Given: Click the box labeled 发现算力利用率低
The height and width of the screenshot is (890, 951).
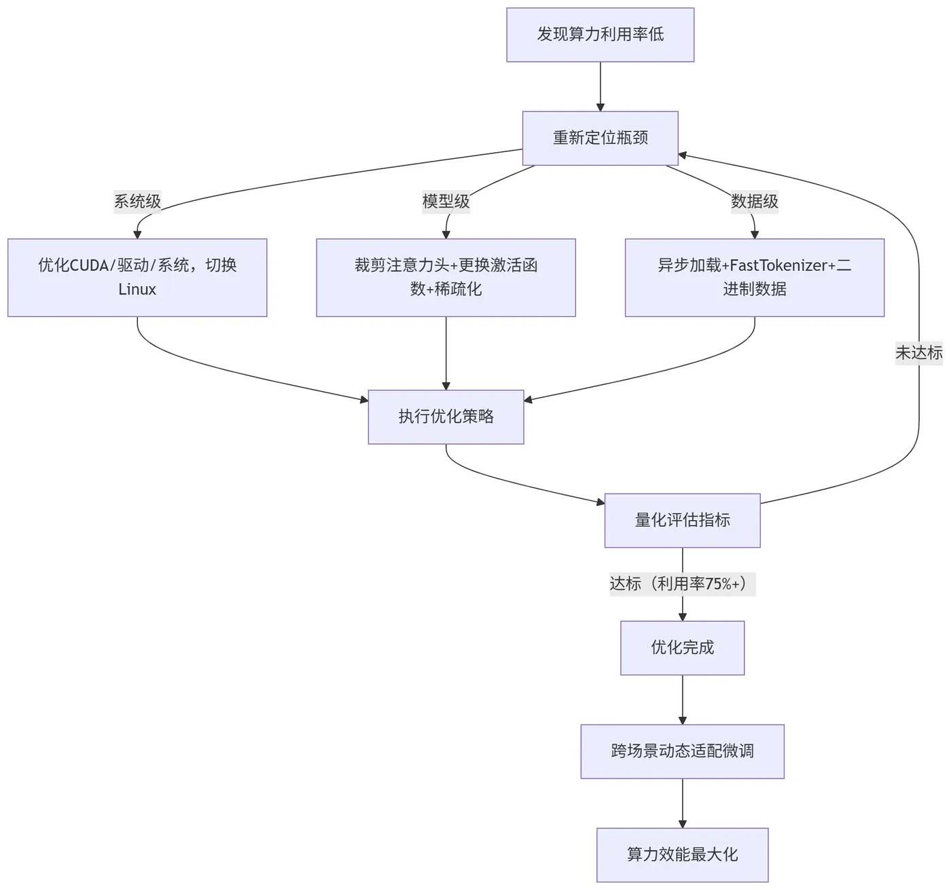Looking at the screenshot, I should coord(600,35).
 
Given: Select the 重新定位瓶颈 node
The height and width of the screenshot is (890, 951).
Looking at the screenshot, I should coord(600,138).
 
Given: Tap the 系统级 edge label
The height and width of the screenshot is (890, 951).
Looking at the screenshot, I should coord(137,202).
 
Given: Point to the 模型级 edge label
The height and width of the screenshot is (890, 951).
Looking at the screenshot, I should coord(446,202).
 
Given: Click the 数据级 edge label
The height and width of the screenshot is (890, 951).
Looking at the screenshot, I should coord(754,202).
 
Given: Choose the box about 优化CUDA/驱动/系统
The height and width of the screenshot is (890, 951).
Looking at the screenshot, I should coord(137,277).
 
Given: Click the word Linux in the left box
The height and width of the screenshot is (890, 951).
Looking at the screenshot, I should coord(137,289).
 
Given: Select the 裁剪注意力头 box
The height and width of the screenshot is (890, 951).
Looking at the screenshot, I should coord(446,277).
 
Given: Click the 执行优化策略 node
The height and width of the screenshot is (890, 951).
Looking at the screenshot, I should coord(446,417).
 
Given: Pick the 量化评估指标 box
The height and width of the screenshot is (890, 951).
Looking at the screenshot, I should coord(682,520).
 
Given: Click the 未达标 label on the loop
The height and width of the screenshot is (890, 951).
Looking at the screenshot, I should coord(918,353).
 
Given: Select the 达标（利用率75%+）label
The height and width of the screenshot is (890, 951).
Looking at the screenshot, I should coord(682,584).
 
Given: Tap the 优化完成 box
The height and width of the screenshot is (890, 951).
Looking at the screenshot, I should coord(682,648).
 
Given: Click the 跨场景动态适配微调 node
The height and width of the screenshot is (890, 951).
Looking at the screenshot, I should coord(682,751).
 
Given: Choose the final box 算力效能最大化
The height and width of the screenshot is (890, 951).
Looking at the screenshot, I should coord(682,855).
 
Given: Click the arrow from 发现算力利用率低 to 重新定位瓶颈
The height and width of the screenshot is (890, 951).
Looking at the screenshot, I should coord(600,87).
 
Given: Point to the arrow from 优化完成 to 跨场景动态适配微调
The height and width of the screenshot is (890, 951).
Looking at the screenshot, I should coord(682,699).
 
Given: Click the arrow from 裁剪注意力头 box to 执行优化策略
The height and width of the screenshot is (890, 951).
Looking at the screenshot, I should coord(446,353).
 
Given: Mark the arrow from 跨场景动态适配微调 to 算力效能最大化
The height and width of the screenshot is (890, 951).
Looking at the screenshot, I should coord(682,803).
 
